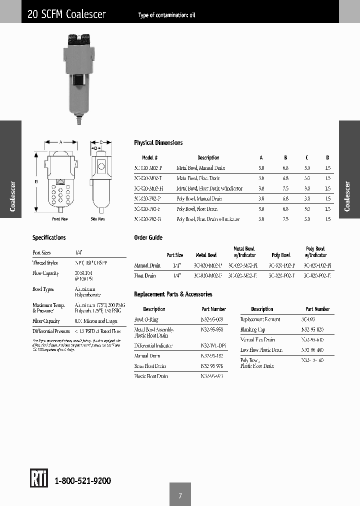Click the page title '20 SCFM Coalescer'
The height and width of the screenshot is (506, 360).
tap(66, 14)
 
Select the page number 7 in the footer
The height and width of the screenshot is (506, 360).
tap(180, 495)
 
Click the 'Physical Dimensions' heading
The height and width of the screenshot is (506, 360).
tap(158, 142)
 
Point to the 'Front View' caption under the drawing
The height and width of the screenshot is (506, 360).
tap(60, 219)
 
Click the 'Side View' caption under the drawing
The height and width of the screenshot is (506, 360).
tap(97, 219)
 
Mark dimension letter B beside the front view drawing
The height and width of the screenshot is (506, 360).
tap(36, 182)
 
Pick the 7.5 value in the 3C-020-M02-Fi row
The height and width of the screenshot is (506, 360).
tap(285, 188)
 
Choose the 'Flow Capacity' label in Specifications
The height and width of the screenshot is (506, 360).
tap(45, 273)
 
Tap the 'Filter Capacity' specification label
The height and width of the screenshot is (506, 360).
tap(46, 321)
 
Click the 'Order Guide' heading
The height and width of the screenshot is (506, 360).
tap(148, 237)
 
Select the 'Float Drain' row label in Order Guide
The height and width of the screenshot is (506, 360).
tap(145, 275)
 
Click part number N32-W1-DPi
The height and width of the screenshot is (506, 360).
tap(213, 345)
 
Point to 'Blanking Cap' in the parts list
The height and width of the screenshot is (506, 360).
tap(253, 329)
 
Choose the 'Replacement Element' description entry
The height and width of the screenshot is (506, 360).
tap(260, 319)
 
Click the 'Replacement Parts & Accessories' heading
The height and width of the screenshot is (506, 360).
tap(173, 294)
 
